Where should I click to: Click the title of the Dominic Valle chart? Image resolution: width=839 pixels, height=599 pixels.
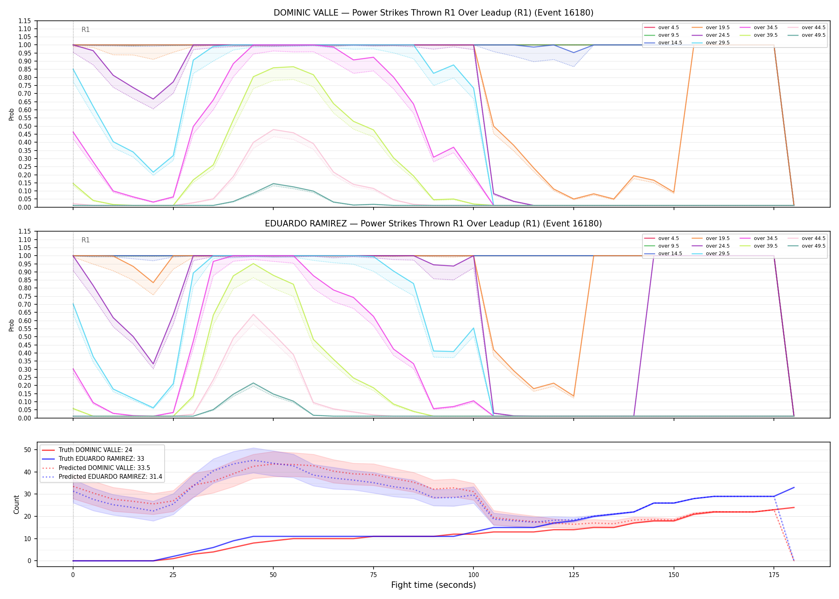(x=433, y=13)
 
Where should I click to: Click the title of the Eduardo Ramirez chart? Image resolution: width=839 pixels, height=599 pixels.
(x=433, y=224)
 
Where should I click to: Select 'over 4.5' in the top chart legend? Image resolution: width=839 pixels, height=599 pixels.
(x=668, y=28)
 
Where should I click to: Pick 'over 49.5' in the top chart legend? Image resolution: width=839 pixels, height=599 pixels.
(x=813, y=35)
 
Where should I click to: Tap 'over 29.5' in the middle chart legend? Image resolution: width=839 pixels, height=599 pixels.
(x=718, y=254)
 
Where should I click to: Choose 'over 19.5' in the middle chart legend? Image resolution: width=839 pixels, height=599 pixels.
(x=718, y=238)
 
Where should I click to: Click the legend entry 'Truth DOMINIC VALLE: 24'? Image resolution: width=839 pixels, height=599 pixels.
(x=95, y=450)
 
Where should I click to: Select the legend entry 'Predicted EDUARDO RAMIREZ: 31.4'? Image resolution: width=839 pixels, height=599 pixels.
(x=110, y=477)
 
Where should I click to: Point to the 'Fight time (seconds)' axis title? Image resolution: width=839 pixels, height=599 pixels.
(x=433, y=585)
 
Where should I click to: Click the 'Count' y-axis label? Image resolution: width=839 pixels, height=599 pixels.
(x=16, y=504)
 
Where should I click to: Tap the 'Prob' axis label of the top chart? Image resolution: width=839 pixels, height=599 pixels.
(x=12, y=114)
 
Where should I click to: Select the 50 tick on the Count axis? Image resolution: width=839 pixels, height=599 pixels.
(x=27, y=450)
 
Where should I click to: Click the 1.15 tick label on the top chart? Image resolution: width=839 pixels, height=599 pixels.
(x=24, y=21)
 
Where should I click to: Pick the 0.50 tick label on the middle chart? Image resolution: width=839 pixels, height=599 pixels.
(x=24, y=337)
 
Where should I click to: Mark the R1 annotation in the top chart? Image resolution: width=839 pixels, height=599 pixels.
(x=85, y=30)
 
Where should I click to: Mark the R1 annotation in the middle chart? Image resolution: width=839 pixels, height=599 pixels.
(x=85, y=240)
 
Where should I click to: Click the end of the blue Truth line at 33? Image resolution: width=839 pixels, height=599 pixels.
(x=794, y=488)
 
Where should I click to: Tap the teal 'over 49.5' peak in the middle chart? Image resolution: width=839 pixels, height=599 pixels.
(x=253, y=383)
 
